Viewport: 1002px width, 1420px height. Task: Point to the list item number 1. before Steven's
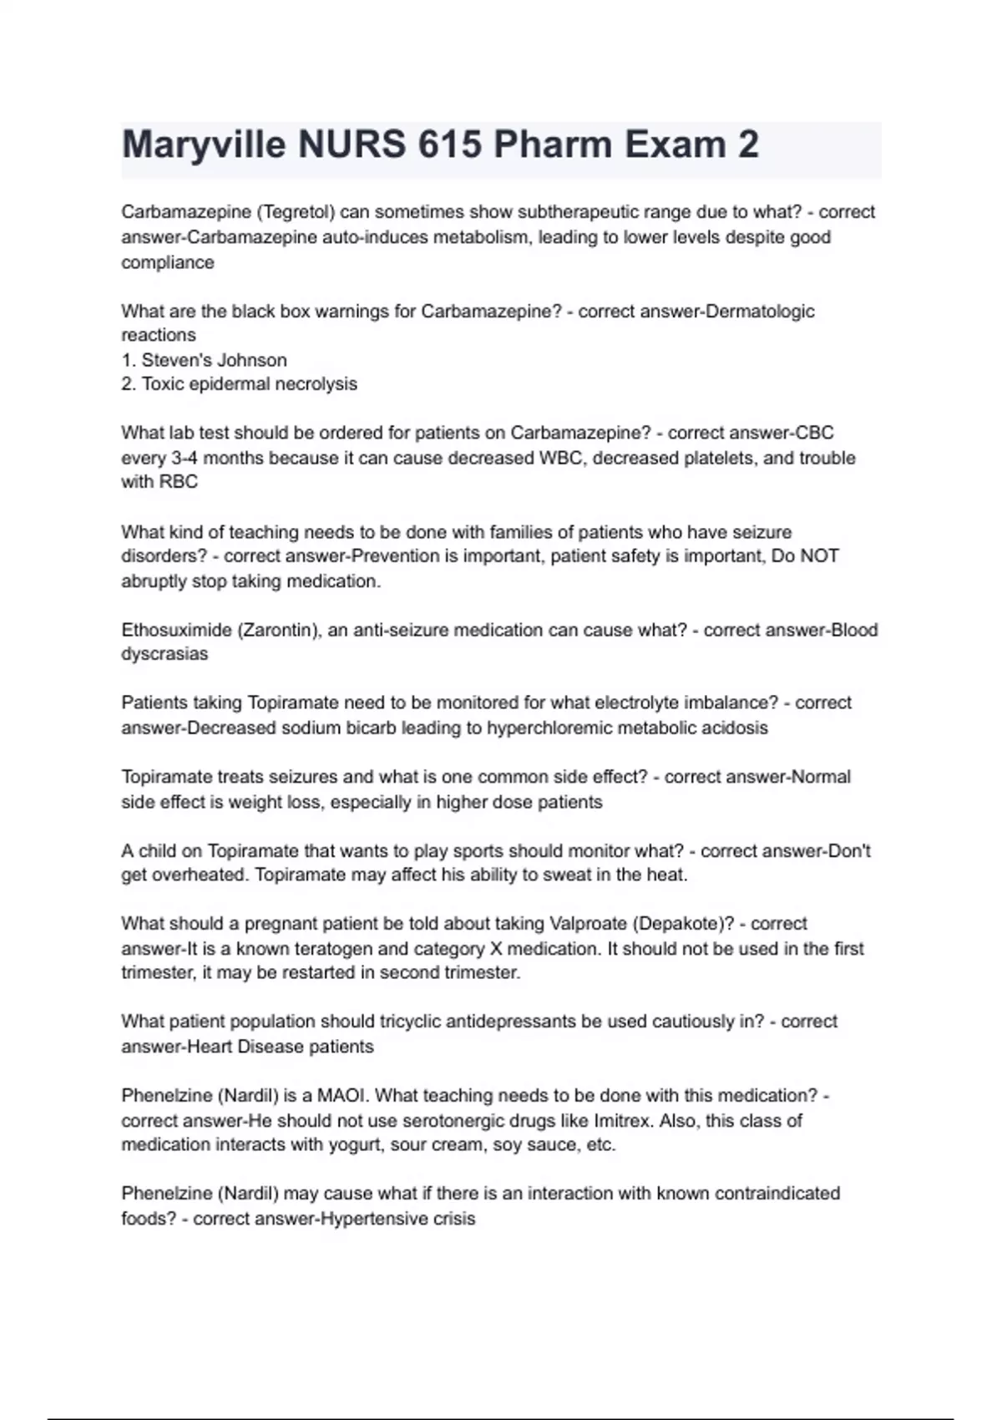coord(129,360)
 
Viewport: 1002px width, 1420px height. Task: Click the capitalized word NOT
coord(819,556)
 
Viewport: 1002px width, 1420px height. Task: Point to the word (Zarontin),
coord(279,630)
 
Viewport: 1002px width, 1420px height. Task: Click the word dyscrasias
coord(164,654)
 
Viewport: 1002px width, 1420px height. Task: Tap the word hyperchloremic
coord(554,728)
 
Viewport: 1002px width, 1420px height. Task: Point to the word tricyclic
coord(412,1022)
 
